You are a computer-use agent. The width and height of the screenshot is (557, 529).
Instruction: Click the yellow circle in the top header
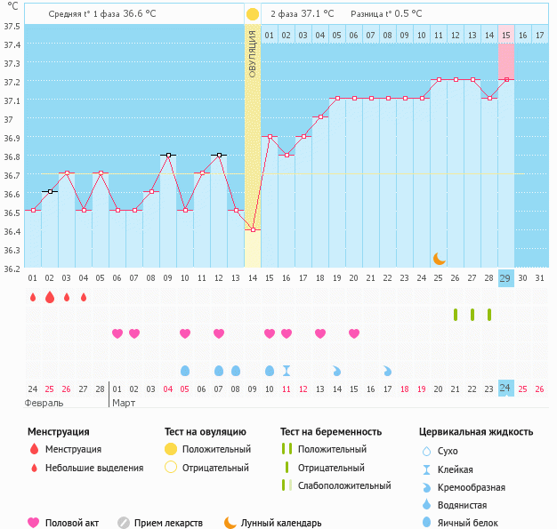click(x=253, y=14)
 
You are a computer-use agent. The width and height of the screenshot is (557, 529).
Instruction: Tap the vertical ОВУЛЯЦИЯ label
click(x=253, y=54)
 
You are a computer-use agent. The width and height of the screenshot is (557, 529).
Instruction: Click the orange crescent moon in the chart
click(x=440, y=258)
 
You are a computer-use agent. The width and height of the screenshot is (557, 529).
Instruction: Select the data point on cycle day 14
click(x=253, y=229)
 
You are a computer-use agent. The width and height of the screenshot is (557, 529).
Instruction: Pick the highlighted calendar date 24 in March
click(x=505, y=388)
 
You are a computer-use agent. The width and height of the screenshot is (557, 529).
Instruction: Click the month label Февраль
click(x=44, y=403)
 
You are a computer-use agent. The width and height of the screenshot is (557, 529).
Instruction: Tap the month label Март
click(x=125, y=403)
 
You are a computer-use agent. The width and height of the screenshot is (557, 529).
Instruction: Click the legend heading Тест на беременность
click(x=331, y=431)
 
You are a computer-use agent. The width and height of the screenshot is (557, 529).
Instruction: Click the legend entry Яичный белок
click(x=473, y=523)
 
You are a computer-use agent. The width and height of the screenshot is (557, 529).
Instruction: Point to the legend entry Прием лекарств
click(x=168, y=523)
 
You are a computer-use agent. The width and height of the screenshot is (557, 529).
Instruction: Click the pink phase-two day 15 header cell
click(x=505, y=35)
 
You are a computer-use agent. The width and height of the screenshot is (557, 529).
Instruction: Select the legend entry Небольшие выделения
click(x=93, y=468)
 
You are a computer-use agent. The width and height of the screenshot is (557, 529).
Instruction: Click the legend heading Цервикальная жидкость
click(x=476, y=431)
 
